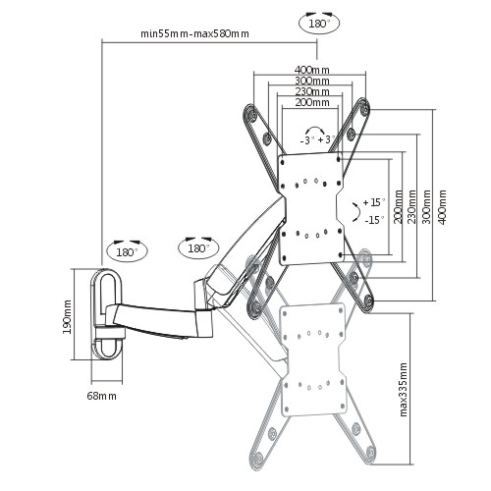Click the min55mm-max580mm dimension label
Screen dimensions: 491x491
[x=194, y=33]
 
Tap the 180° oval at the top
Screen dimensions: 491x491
[x=319, y=24]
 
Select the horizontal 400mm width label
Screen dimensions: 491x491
[x=312, y=70]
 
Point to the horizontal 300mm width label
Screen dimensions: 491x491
[x=312, y=81]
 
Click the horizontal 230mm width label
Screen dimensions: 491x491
[x=312, y=91]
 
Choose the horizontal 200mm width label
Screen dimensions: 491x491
[x=312, y=102]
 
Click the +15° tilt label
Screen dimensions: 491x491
[x=374, y=202]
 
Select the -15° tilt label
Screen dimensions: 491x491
[x=375, y=220]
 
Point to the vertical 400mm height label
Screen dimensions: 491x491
[x=442, y=207]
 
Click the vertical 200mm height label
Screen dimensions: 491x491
[x=398, y=207]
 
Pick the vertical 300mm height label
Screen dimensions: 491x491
[x=427, y=207]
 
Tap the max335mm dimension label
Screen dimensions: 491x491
[x=404, y=390]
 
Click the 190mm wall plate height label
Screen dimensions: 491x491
[x=67, y=316]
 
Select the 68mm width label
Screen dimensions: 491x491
[x=101, y=396]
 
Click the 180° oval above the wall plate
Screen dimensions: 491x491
[x=127, y=251]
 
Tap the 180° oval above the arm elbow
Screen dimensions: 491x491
[x=198, y=247]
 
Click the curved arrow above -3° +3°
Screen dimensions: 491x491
[x=315, y=128]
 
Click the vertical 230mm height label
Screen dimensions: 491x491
[x=411, y=207]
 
